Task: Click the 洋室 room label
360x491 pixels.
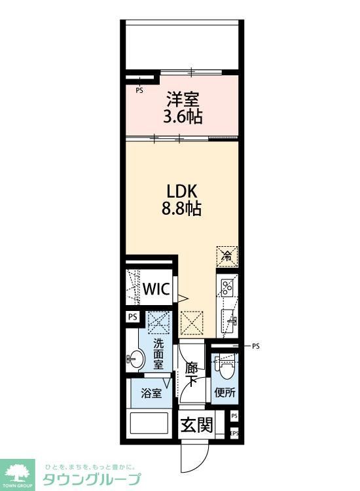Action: point(183,100)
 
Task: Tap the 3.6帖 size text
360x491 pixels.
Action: point(183,117)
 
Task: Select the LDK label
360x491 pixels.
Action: point(182,192)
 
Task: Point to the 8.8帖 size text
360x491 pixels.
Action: point(182,209)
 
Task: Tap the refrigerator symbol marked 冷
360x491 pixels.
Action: point(227,255)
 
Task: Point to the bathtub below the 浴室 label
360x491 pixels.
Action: point(150,424)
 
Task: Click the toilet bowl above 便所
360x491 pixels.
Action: point(225,369)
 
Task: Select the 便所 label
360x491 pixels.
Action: point(225,393)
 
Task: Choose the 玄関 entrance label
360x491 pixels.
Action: point(196,425)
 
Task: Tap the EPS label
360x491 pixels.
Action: point(234,433)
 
